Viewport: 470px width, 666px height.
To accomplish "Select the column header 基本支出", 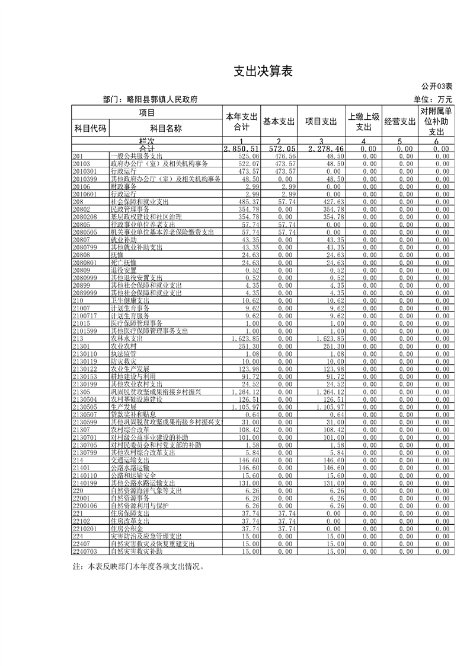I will click(x=279, y=122).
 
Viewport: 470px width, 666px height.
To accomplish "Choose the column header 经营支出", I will click(x=399, y=122).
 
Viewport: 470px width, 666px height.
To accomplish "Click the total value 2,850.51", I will click(x=242, y=148).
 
